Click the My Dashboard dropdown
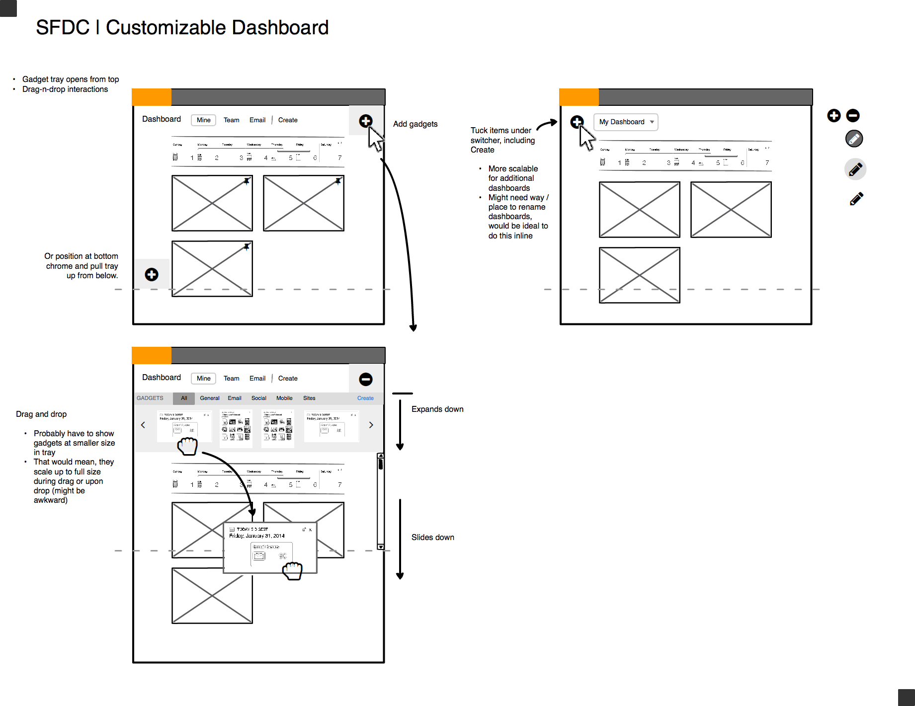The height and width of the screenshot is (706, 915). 626,122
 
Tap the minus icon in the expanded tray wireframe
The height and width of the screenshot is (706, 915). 366,380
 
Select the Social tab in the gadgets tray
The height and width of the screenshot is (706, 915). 258,398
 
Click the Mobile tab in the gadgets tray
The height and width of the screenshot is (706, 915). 284,398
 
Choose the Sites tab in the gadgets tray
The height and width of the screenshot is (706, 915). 309,398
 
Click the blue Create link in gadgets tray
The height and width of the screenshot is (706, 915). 365,398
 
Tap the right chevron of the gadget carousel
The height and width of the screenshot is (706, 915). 371,425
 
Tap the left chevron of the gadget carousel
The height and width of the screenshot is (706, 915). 143,425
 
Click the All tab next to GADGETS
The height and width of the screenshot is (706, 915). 184,398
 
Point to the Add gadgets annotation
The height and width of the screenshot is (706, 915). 415,124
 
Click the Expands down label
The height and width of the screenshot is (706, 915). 437,409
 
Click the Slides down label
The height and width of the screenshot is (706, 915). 432,538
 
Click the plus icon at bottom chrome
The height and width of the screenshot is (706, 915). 152,275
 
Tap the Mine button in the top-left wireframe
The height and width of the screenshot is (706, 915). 203,120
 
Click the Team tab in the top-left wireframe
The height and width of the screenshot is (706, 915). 231,120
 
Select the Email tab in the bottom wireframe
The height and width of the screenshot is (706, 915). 257,379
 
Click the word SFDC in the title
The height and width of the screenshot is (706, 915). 63,28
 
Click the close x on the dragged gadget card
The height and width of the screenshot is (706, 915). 310,530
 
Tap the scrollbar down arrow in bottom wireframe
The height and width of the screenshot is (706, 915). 381,547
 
